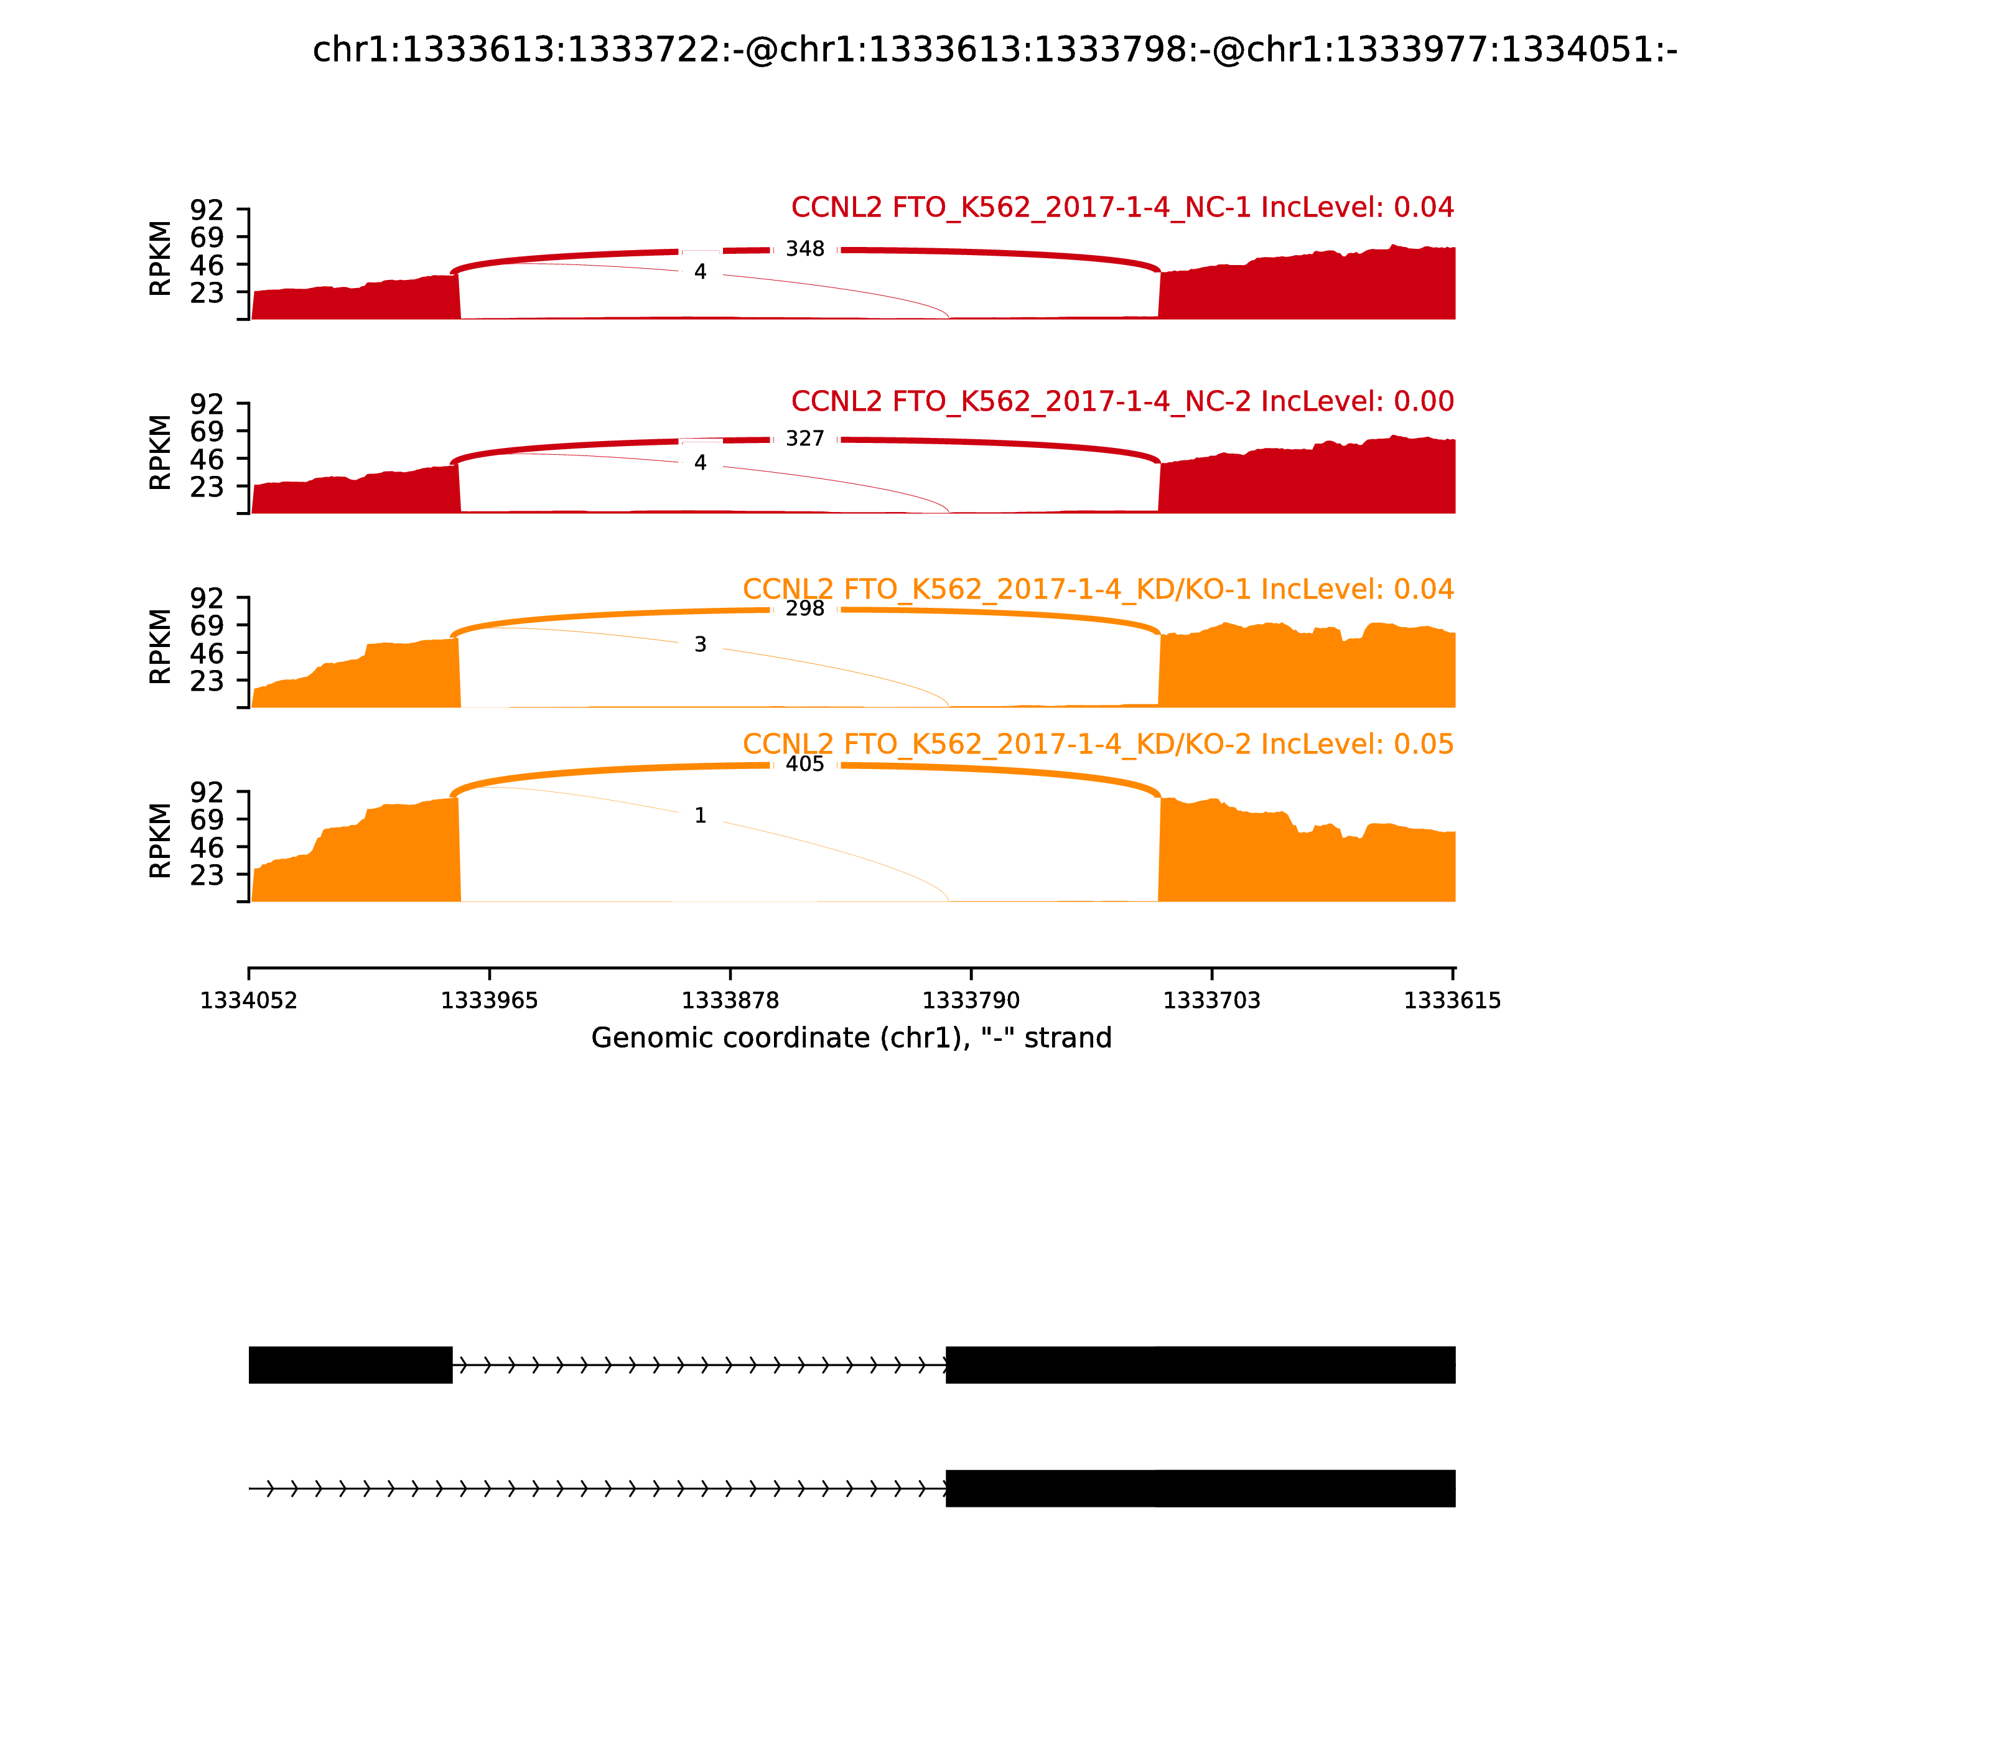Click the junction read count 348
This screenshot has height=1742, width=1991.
pyautogui.click(x=805, y=249)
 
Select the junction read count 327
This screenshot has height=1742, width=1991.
pyautogui.click(x=805, y=439)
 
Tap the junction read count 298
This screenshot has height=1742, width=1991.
pyautogui.click(x=805, y=608)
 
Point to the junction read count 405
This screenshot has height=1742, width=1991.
pyautogui.click(x=805, y=764)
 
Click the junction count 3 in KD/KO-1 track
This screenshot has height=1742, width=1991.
pyautogui.click(x=700, y=645)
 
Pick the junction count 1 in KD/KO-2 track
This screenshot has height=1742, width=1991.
pyautogui.click(x=700, y=816)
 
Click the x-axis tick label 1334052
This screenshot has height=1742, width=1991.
pyautogui.click(x=249, y=1001)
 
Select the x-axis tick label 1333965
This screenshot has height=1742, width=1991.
pyautogui.click(x=489, y=1001)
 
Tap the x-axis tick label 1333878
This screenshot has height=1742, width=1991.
pyautogui.click(x=730, y=1001)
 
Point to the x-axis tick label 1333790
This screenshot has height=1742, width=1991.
pyautogui.click(x=970, y=1001)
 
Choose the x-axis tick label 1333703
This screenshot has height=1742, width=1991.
pyautogui.click(x=1211, y=1001)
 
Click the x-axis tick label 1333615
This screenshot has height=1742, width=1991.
pyautogui.click(x=1452, y=1001)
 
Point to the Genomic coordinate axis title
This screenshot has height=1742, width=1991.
pyautogui.click(x=851, y=1038)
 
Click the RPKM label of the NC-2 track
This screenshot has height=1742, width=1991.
pyautogui.click(x=161, y=453)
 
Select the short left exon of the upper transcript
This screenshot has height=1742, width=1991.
pyautogui.click(x=350, y=1365)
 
